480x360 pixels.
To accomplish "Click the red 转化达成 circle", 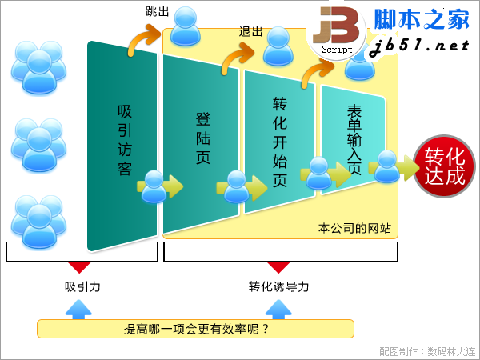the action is (x=444, y=166).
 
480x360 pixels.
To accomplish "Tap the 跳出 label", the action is (x=157, y=12).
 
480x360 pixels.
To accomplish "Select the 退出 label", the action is (x=250, y=31).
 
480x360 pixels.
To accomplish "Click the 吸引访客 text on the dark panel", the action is (x=125, y=140).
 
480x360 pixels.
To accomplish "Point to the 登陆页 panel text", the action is (x=203, y=138).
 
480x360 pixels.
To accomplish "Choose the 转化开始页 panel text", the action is (x=280, y=142).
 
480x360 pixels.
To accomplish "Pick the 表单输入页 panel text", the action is (x=354, y=139).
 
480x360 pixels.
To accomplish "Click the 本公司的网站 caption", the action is (x=354, y=228).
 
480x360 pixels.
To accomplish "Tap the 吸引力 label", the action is (x=82, y=287).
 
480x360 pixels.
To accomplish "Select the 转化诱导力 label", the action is (x=278, y=287).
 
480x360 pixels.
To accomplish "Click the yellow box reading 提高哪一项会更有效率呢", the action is (x=196, y=329).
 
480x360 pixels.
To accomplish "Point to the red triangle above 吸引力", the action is (x=79, y=266).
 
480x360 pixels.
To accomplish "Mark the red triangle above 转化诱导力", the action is (x=278, y=266).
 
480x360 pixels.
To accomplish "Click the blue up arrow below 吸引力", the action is (x=78, y=310).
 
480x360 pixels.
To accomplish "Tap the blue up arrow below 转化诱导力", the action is (x=278, y=310).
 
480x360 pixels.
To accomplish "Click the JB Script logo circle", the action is (x=336, y=32).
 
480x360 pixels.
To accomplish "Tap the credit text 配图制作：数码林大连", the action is (x=428, y=351).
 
